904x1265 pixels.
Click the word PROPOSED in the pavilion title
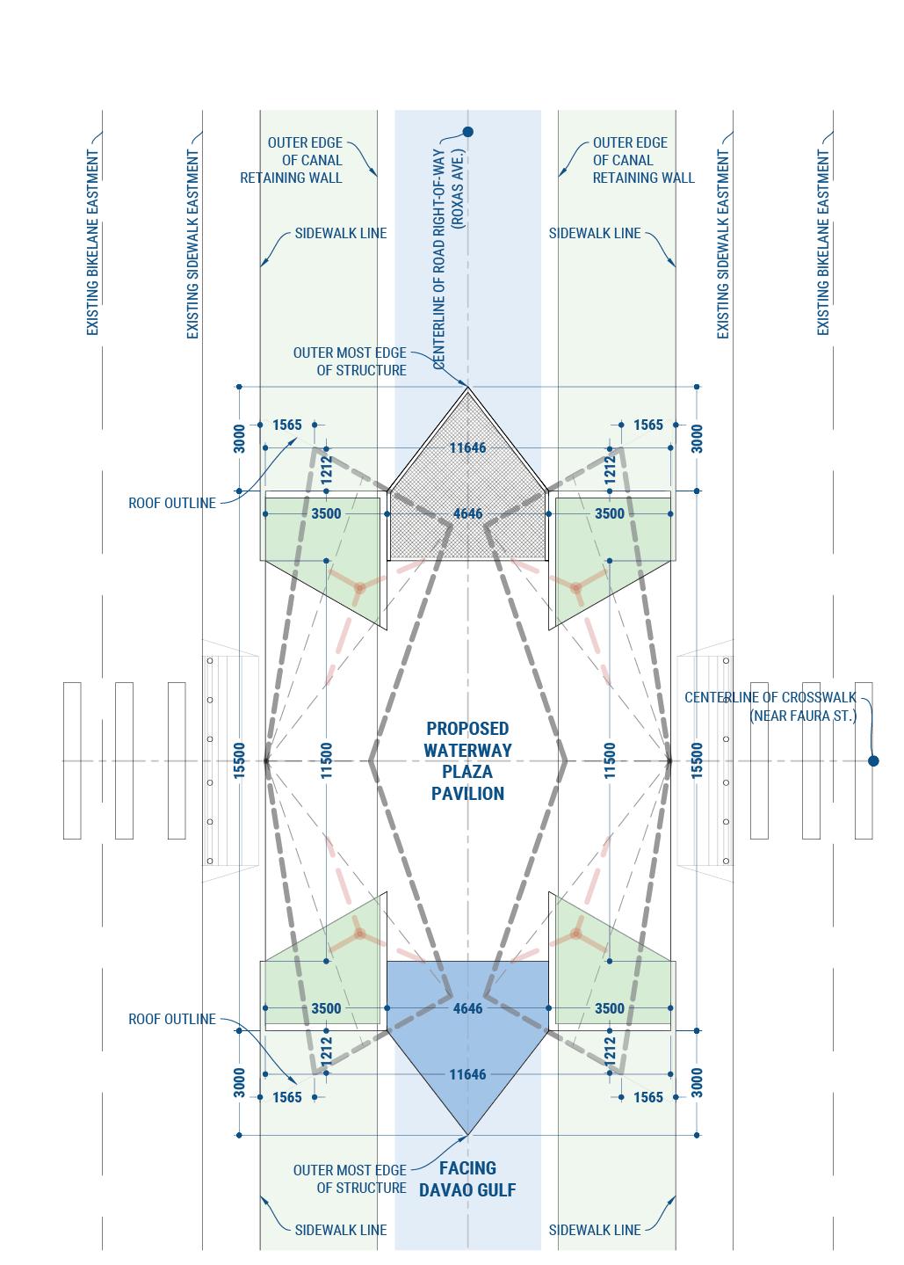tap(467, 729)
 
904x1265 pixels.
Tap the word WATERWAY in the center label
tap(467, 751)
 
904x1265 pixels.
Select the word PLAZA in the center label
tap(467, 772)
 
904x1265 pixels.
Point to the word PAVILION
tap(467, 794)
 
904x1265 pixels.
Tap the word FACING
tap(467, 1168)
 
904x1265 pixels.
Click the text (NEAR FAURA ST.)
tap(802, 716)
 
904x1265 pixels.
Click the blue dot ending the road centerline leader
tap(467, 132)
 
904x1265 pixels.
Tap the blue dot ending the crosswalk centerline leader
tap(873, 761)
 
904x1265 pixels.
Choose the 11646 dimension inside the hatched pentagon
tap(467, 448)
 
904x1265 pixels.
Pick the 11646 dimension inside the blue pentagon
tap(467, 1074)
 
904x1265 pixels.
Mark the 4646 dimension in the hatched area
tap(467, 513)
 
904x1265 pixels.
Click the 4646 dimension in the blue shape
tap(467, 1008)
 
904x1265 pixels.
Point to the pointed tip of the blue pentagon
tap(467, 1133)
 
